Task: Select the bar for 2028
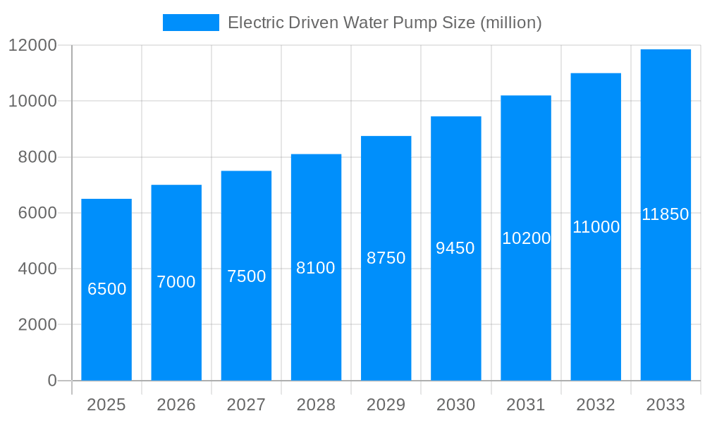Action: click(316, 324)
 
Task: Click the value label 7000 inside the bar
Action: click(176, 282)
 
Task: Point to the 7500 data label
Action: click(246, 276)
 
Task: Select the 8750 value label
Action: click(386, 258)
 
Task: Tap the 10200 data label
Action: click(526, 238)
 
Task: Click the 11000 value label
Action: click(596, 227)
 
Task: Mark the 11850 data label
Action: click(666, 214)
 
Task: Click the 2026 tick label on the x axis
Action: click(176, 405)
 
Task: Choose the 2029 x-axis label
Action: click(386, 405)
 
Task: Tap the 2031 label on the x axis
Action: click(526, 405)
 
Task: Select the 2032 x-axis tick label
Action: click(596, 405)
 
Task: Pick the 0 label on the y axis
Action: click(51, 381)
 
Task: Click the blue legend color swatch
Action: click(190, 23)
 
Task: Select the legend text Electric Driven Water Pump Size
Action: click(384, 23)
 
